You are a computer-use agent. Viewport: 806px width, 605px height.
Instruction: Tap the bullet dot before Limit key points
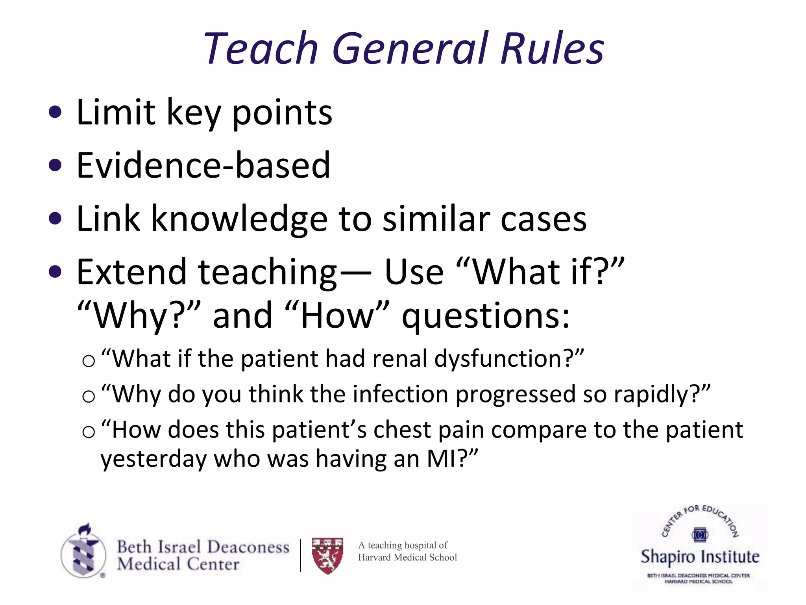[x=55, y=112]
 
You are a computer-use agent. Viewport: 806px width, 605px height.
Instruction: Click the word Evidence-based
[x=203, y=165]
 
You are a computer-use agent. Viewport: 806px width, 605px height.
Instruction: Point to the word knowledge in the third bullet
[x=239, y=219]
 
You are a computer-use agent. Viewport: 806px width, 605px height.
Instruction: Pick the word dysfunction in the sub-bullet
[x=499, y=359]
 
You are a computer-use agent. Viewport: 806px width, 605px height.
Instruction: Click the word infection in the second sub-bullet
[x=400, y=394]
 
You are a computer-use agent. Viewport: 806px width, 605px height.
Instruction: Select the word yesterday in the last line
[x=153, y=460]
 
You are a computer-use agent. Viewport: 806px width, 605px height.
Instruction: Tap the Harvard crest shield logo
[x=327, y=555]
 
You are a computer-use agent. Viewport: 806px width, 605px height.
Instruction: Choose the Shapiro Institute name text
[x=700, y=557]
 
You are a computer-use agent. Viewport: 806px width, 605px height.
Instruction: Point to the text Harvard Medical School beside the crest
[x=407, y=557]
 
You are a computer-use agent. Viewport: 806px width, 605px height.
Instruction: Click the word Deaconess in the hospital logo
[x=248, y=547]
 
